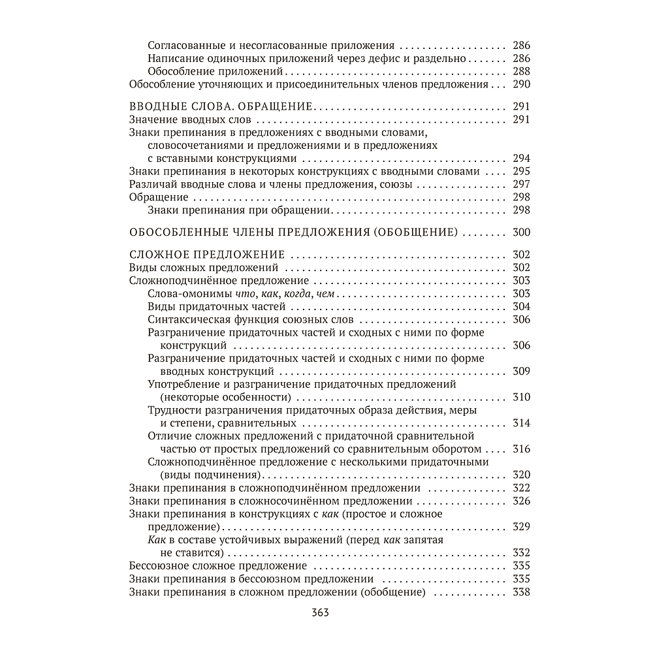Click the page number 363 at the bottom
pyautogui.click(x=320, y=613)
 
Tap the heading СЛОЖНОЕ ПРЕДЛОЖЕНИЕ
pyautogui.click(x=207, y=255)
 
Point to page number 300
pyautogui.click(x=522, y=232)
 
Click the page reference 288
pyautogui.click(x=522, y=72)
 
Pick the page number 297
pyautogui.click(x=522, y=184)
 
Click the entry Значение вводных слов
pyautogui.click(x=191, y=119)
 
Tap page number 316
pyautogui.click(x=522, y=449)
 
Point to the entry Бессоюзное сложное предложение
pyautogui.click(x=218, y=566)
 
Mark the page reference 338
pyautogui.click(x=522, y=592)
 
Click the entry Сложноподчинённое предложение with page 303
pyautogui.click(x=210, y=281)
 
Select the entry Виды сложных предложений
pyautogui.click(x=204, y=268)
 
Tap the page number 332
pyautogui.click(x=522, y=553)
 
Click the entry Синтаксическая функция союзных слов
pyautogui.click(x=251, y=319)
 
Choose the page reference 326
pyautogui.click(x=522, y=502)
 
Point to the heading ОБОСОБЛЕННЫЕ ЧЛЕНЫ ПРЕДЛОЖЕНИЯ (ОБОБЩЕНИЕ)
pyautogui.click(x=293, y=232)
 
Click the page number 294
pyautogui.click(x=522, y=158)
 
